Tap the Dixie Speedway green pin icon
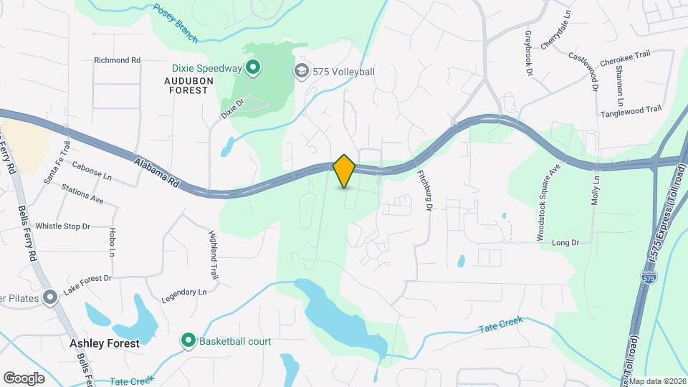coord(252,69)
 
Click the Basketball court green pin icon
coord(188,340)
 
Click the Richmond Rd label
coord(117,60)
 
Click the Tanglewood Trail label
coord(631,110)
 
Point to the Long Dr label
coord(565,243)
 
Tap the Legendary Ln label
coord(183,292)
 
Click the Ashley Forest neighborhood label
coord(105,343)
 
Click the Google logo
coord(24,378)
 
